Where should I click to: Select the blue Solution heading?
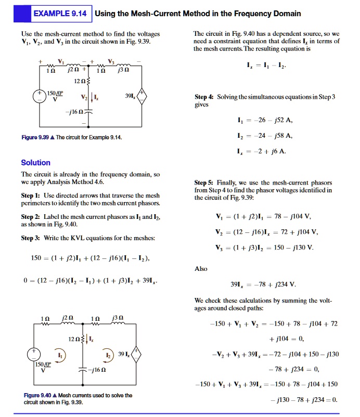pos(35,163)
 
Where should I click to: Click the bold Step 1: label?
pos(31,195)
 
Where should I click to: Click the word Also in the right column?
pos(201,269)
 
